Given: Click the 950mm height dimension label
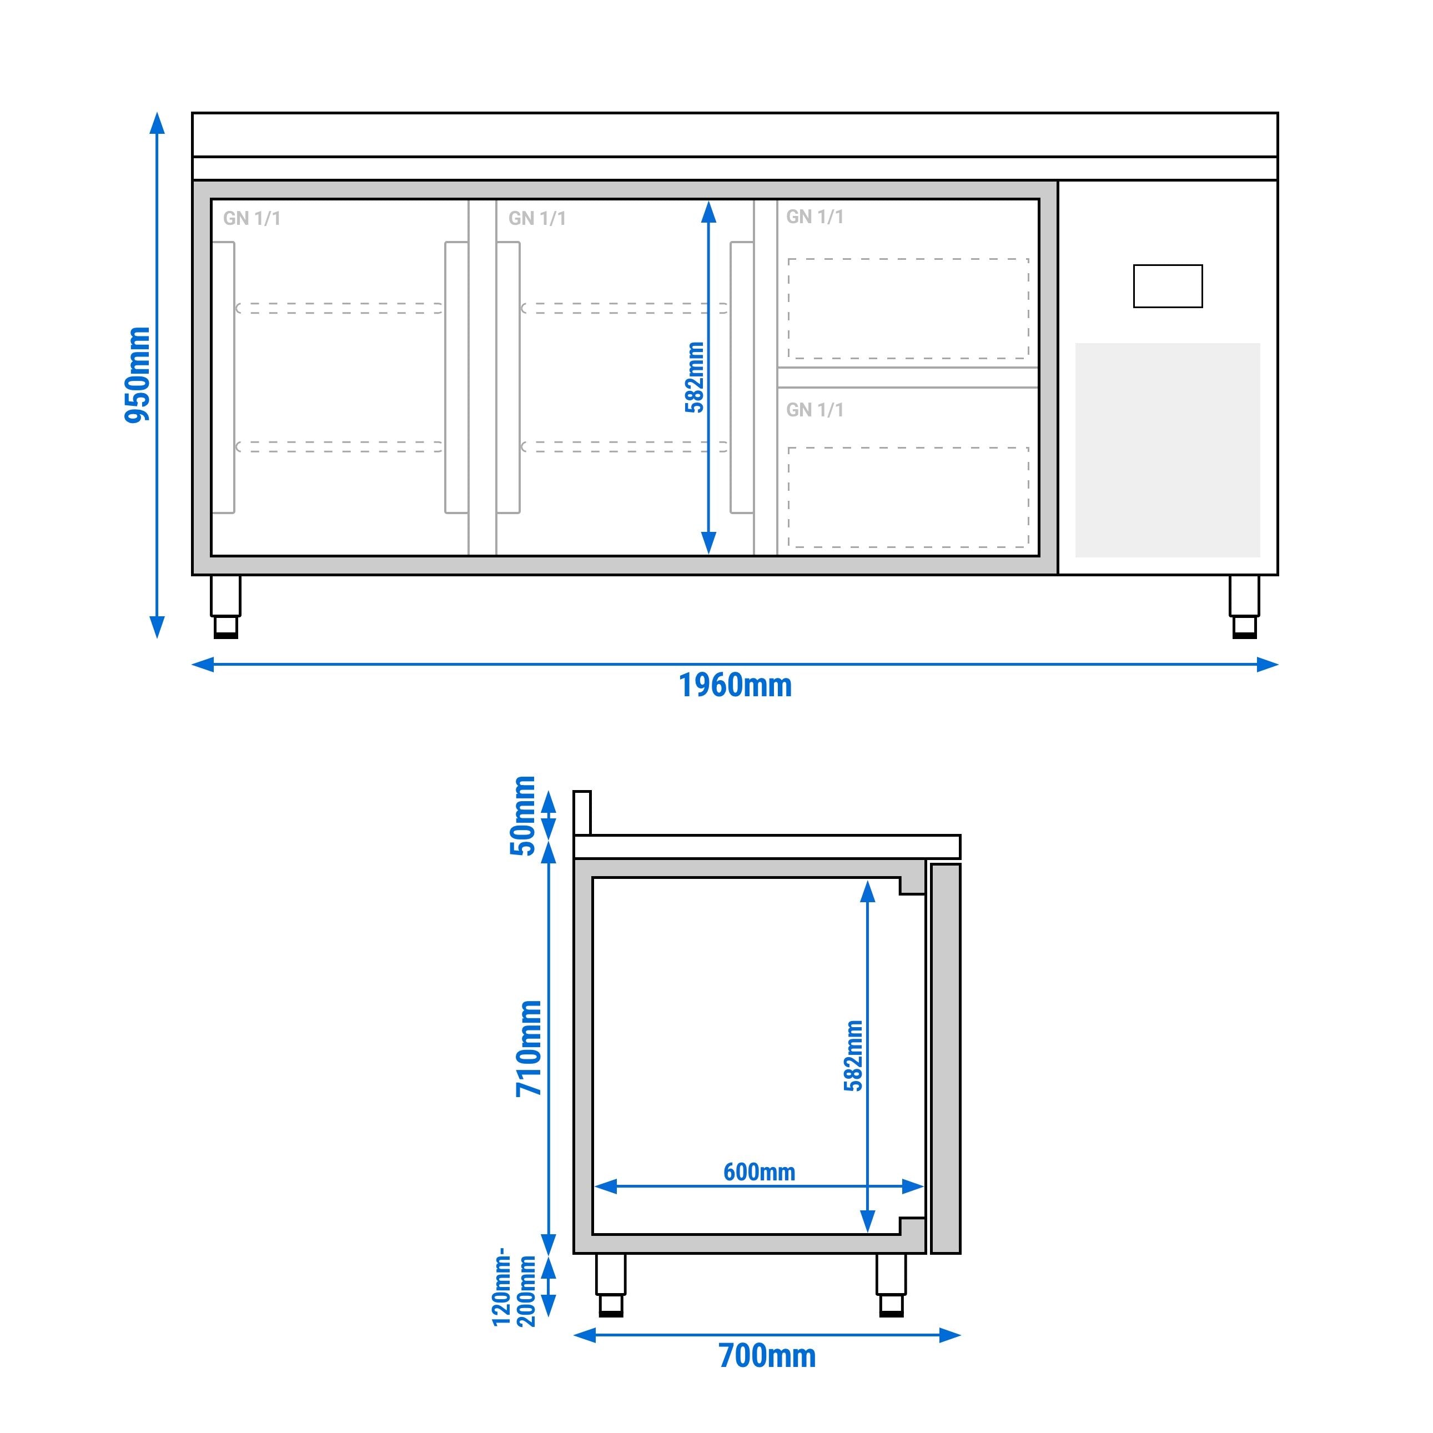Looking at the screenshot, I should coord(137,375).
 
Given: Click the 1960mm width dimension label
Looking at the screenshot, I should coord(735,685).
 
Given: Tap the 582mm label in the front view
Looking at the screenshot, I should coord(694,377).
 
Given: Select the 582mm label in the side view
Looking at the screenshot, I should coord(854,1055).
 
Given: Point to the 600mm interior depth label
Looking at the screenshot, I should coord(759,1172).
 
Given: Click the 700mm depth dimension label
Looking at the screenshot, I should coord(767,1356).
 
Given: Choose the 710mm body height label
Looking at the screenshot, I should coord(530,1048).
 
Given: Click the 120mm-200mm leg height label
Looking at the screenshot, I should coord(513,1287).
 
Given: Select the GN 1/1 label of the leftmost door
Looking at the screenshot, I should coord(252,218).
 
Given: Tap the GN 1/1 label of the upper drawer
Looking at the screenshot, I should coord(814,217).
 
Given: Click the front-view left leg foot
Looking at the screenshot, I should coord(225,627).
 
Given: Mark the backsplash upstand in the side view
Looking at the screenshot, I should coord(582,813).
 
